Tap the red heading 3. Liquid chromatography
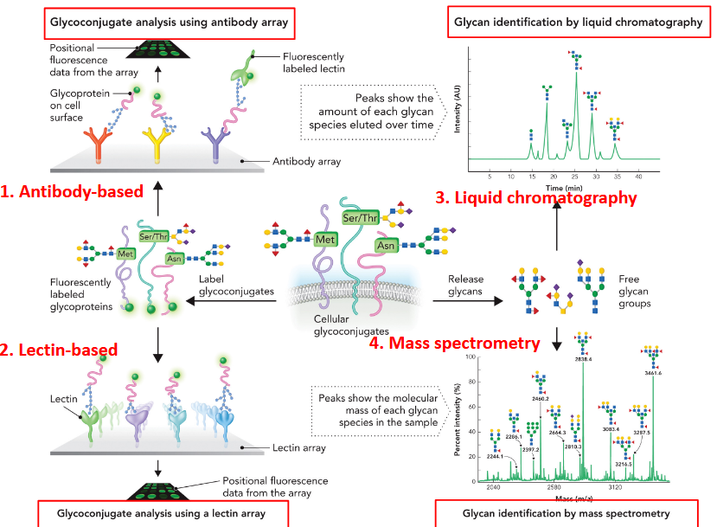click(x=536, y=198)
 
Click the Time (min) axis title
click(x=564, y=187)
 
